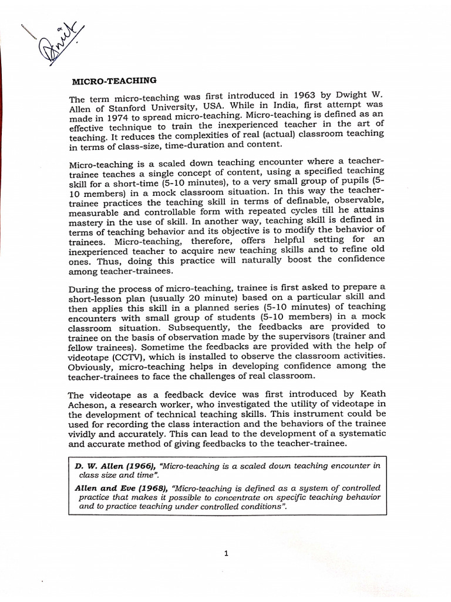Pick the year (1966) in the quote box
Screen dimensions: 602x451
139,466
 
